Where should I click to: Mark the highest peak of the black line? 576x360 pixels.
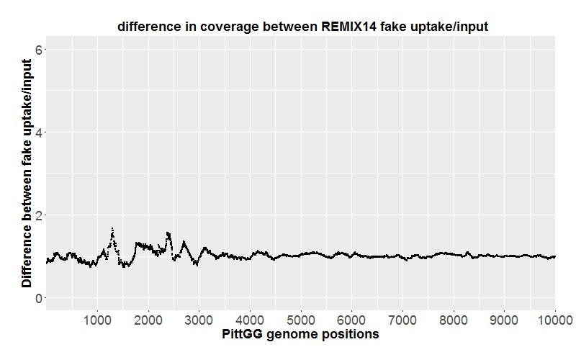click(x=112, y=228)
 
